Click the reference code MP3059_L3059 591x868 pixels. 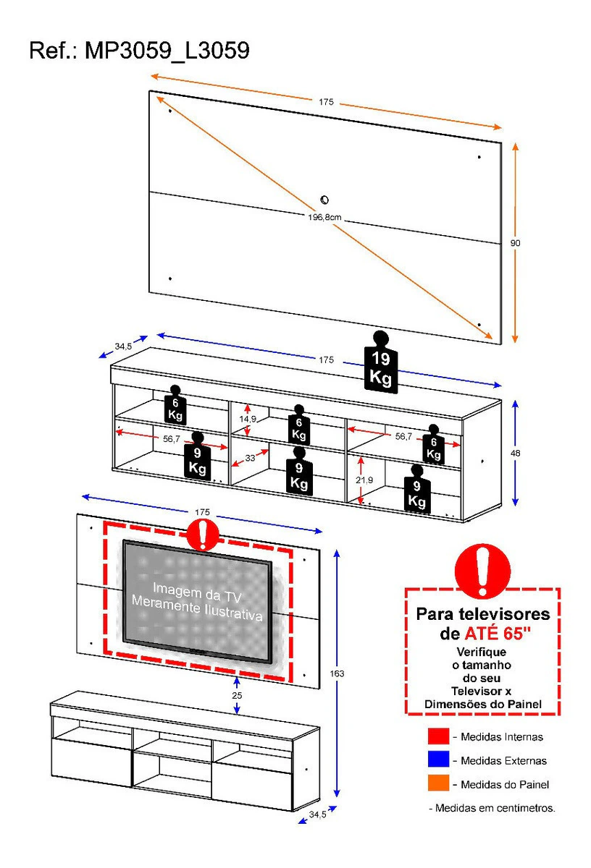click(x=167, y=51)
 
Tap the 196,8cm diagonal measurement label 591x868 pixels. click(x=324, y=218)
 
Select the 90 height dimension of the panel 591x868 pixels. click(x=515, y=243)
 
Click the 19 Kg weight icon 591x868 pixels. click(x=381, y=362)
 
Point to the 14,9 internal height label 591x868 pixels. click(x=248, y=419)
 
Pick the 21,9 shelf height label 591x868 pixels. click(x=364, y=480)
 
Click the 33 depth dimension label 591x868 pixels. click(x=250, y=458)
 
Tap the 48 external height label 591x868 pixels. click(x=515, y=453)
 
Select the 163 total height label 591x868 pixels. click(x=337, y=673)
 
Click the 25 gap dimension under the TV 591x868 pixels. click(x=237, y=695)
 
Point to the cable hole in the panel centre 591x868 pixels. click(x=324, y=200)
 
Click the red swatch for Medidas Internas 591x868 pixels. click(x=438, y=736)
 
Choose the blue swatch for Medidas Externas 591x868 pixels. click(x=438, y=759)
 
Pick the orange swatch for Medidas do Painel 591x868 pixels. click(x=438, y=783)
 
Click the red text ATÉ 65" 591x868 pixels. click(x=498, y=634)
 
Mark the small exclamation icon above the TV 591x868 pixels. click(x=203, y=535)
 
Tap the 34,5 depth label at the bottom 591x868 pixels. click(x=317, y=814)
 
